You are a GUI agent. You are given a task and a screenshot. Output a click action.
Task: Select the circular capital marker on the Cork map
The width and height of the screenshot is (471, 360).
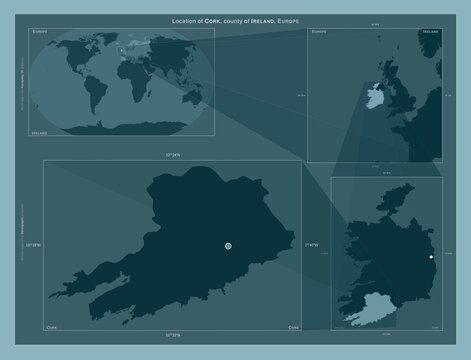(x=228, y=245)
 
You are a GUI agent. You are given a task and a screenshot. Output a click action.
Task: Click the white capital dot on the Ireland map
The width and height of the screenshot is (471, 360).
(x=431, y=257)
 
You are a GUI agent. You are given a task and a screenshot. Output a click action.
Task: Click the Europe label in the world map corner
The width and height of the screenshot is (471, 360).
(x=41, y=34)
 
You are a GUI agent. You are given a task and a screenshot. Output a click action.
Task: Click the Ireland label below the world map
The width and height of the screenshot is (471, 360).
(x=41, y=131)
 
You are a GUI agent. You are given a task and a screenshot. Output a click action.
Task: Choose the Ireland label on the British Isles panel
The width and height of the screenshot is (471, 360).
(x=431, y=34)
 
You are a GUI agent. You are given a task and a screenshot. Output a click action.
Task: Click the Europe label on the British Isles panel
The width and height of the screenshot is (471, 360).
(x=319, y=34)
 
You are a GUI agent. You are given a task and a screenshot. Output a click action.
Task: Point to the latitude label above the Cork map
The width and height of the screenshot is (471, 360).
(x=173, y=157)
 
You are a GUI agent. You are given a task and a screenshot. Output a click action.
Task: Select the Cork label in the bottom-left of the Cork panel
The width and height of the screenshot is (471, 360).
(x=52, y=326)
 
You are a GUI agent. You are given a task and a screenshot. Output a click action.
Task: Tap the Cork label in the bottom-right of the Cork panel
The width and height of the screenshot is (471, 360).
(x=292, y=326)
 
